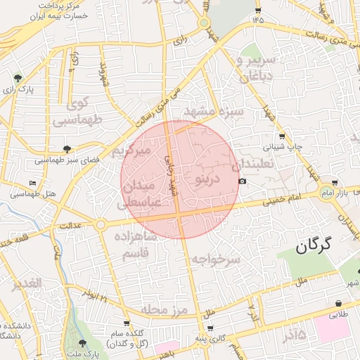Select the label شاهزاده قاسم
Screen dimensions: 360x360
click(141, 245)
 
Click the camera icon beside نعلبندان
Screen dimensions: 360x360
click(243, 181)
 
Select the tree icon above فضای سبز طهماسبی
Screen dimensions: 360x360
click(67, 149)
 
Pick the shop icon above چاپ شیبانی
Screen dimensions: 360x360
click(282, 136)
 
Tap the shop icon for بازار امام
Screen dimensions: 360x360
click(344, 183)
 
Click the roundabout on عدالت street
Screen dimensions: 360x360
click(101, 224)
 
